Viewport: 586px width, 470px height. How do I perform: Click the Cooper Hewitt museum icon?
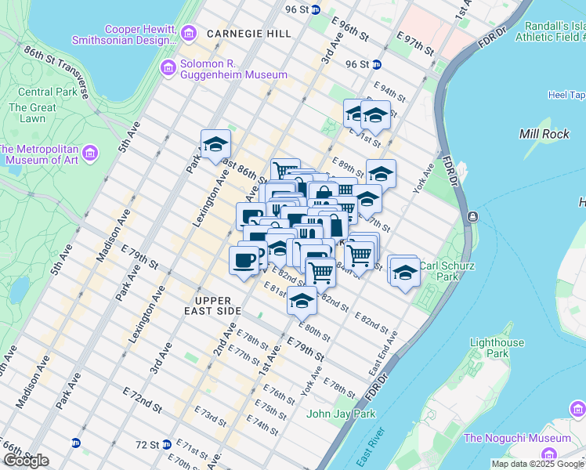tap(188, 33)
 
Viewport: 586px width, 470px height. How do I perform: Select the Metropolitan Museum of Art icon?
tap(91, 151)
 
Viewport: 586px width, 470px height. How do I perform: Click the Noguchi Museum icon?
tap(548, 454)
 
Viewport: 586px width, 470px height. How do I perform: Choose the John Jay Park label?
tap(342, 414)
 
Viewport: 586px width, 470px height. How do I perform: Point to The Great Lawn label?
tap(32, 113)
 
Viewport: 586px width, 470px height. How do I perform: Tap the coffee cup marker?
tap(244, 259)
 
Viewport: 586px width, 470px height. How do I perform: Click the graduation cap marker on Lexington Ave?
tap(215, 144)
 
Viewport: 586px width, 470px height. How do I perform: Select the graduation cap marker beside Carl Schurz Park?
tap(403, 271)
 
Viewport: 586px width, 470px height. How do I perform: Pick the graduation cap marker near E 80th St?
tap(302, 298)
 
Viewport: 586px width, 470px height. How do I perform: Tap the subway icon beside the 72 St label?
tap(166, 444)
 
